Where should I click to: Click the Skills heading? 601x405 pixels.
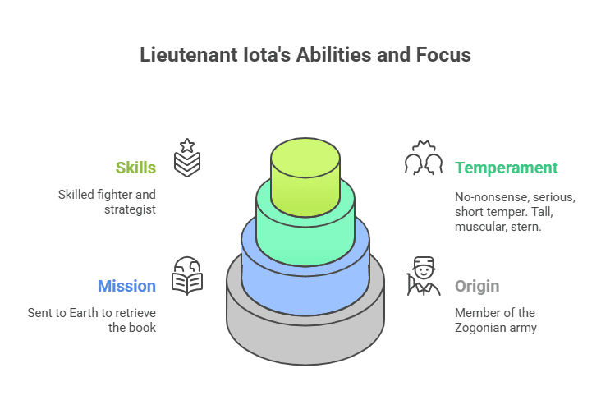click(x=135, y=168)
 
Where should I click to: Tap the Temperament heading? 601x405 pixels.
click(x=506, y=168)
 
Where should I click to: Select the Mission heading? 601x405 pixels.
click(x=126, y=286)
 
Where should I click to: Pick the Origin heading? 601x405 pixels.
click(x=477, y=286)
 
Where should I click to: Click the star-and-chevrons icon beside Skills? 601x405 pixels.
click(x=186, y=157)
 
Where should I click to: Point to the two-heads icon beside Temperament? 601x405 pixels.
click(x=424, y=158)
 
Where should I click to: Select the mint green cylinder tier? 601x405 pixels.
click(x=305, y=234)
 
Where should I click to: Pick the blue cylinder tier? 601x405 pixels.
click(x=305, y=288)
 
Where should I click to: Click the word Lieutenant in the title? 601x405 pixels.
click(x=181, y=55)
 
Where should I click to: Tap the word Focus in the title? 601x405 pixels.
click(x=443, y=55)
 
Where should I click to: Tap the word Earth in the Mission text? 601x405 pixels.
click(x=92, y=312)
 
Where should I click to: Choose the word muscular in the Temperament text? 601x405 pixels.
click(x=479, y=227)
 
